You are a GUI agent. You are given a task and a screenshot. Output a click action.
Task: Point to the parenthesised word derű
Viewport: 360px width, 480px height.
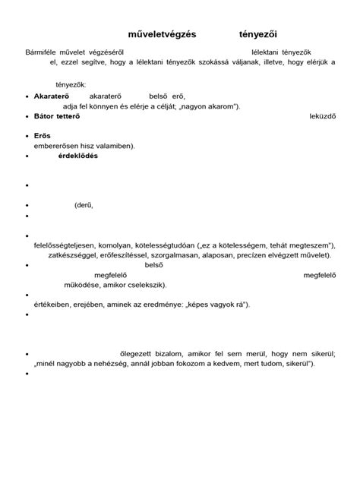click(x=84, y=204)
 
